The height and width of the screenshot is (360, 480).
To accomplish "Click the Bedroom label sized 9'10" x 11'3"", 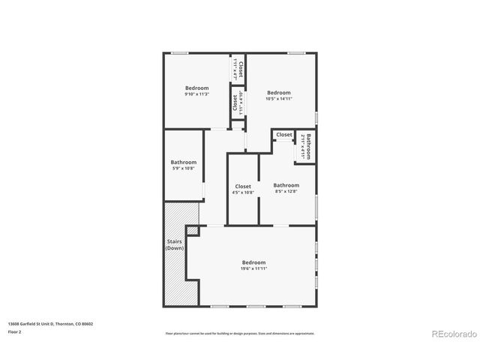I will pyautogui.click(x=197, y=88).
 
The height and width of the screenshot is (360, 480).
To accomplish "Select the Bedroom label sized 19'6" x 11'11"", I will pyautogui.click(x=254, y=262).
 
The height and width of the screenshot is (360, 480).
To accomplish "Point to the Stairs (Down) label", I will pyautogui.click(x=174, y=244).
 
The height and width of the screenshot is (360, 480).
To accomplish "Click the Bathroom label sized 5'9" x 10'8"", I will pyautogui.click(x=183, y=163).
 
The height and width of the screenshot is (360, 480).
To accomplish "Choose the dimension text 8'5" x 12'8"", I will pyautogui.click(x=286, y=192).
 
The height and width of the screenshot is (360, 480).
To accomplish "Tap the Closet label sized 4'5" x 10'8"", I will pyautogui.click(x=243, y=187).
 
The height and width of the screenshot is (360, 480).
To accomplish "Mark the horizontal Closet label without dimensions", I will pyautogui.click(x=283, y=135).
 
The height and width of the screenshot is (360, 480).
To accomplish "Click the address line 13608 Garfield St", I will pyautogui.click(x=51, y=324).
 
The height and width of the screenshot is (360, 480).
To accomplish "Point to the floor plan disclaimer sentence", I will pyautogui.click(x=240, y=333).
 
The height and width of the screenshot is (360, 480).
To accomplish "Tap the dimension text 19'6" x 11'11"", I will pyautogui.click(x=254, y=268).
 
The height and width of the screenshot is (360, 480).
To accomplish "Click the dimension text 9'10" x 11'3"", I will pyautogui.click(x=197, y=94).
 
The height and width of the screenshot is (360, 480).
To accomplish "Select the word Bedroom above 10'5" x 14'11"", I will pyautogui.click(x=278, y=93).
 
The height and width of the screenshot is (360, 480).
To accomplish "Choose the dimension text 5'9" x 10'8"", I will pyautogui.click(x=183, y=169).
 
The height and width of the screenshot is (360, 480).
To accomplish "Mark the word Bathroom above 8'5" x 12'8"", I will pyautogui.click(x=286, y=185).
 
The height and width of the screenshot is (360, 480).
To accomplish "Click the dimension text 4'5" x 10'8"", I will pyautogui.click(x=243, y=193).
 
